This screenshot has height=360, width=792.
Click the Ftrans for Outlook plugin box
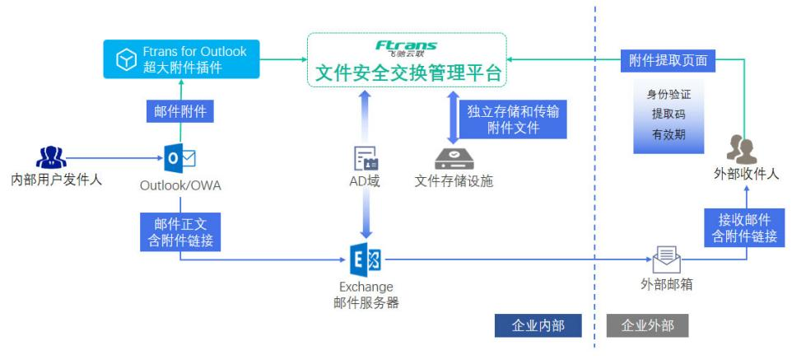click(x=181, y=59)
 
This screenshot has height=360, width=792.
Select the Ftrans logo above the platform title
click(x=406, y=47)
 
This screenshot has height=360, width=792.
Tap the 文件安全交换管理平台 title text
click(x=408, y=72)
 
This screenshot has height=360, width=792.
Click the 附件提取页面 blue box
click(x=668, y=60)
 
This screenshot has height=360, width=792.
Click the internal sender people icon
click(x=51, y=157)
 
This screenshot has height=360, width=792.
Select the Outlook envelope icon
click(x=180, y=158)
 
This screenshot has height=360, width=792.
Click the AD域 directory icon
click(x=366, y=158)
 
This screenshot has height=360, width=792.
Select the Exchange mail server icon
click(x=365, y=260)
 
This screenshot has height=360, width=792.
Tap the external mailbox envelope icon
click(x=666, y=260)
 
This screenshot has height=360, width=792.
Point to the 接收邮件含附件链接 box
click(x=744, y=227)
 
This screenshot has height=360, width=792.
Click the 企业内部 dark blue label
click(x=538, y=325)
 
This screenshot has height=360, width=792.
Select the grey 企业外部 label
click(x=647, y=325)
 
